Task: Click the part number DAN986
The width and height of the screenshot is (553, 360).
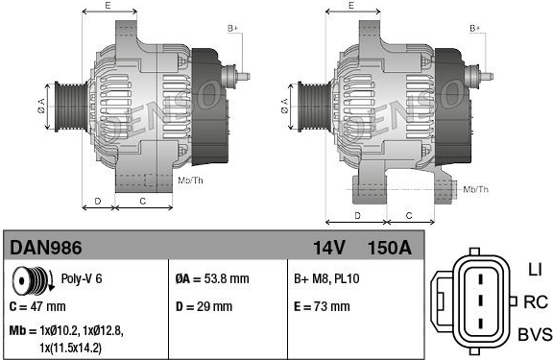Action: coord(46,248)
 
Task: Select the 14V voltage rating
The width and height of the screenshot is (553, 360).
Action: coord(328,248)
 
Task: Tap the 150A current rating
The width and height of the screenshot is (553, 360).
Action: coord(390,248)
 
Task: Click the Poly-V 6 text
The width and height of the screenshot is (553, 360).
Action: coord(82,278)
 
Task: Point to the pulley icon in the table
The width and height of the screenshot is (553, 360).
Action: coord(33,280)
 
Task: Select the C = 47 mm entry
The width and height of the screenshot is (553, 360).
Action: coord(37,306)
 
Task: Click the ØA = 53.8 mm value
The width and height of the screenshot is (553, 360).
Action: coord(212,279)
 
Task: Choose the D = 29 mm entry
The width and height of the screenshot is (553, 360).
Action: coord(204,306)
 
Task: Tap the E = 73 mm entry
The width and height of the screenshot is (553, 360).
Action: coord(322,306)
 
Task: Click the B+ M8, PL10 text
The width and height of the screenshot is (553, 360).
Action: coord(326,279)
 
